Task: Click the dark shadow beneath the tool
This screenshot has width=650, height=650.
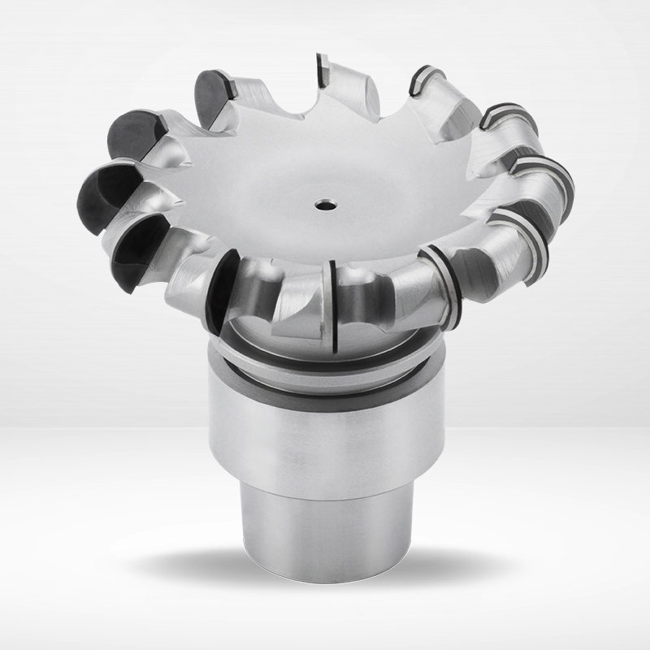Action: (325, 569)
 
